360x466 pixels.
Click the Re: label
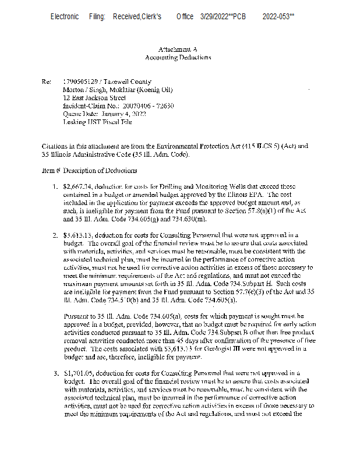click(x=47, y=82)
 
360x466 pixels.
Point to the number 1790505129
click(x=80, y=82)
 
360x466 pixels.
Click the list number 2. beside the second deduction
click(x=55, y=235)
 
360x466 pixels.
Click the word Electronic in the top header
click(x=65, y=17)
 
